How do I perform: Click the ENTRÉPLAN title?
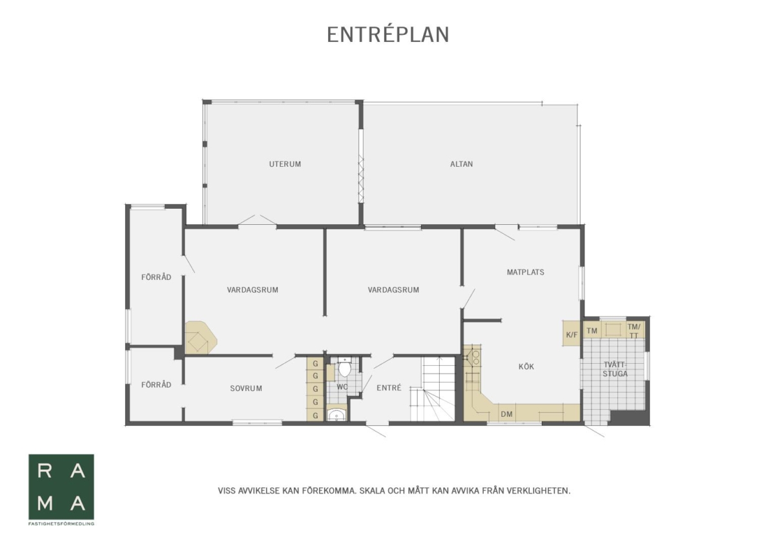point(388,35)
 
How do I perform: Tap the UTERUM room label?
point(285,164)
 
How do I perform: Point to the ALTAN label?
point(462,164)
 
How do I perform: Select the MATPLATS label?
point(526,272)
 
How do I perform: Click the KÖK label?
point(526,366)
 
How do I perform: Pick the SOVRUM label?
point(246,388)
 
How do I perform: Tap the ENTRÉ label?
point(389,388)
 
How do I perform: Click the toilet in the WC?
point(345,367)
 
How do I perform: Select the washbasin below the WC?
point(336,414)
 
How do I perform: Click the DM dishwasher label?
point(506,414)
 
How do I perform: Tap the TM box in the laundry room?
point(592,331)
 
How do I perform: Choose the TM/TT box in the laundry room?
point(634,330)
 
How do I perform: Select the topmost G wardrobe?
point(315,364)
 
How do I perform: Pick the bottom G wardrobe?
point(315,415)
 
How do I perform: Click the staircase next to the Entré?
point(438,389)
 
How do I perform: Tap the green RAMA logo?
point(61,487)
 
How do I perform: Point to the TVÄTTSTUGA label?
point(615,369)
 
